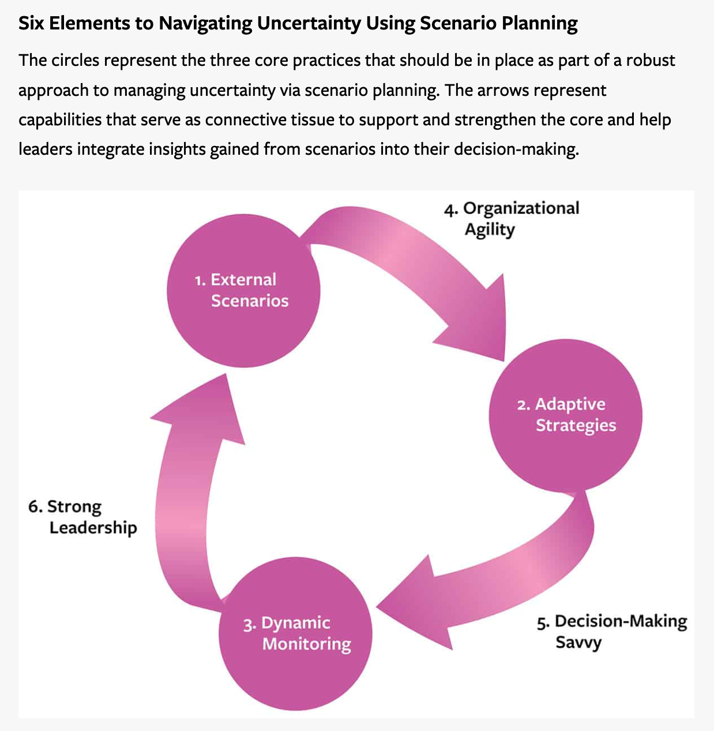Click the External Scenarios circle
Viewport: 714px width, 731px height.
pyautogui.click(x=243, y=292)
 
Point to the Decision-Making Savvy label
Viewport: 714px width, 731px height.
pyautogui.click(x=612, y=632)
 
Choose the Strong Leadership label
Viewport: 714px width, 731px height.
pyautogui.click(x=82, y=517)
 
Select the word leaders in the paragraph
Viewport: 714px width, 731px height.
pyautogui.click(x=45, y=150)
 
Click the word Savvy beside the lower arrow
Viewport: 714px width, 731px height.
pyautogui.click(x=578, y=643)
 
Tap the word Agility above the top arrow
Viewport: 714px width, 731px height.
pyautogui.click(x=490, y=230)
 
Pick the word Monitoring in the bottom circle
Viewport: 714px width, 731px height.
pyautogui.click(x=306, y=644)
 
